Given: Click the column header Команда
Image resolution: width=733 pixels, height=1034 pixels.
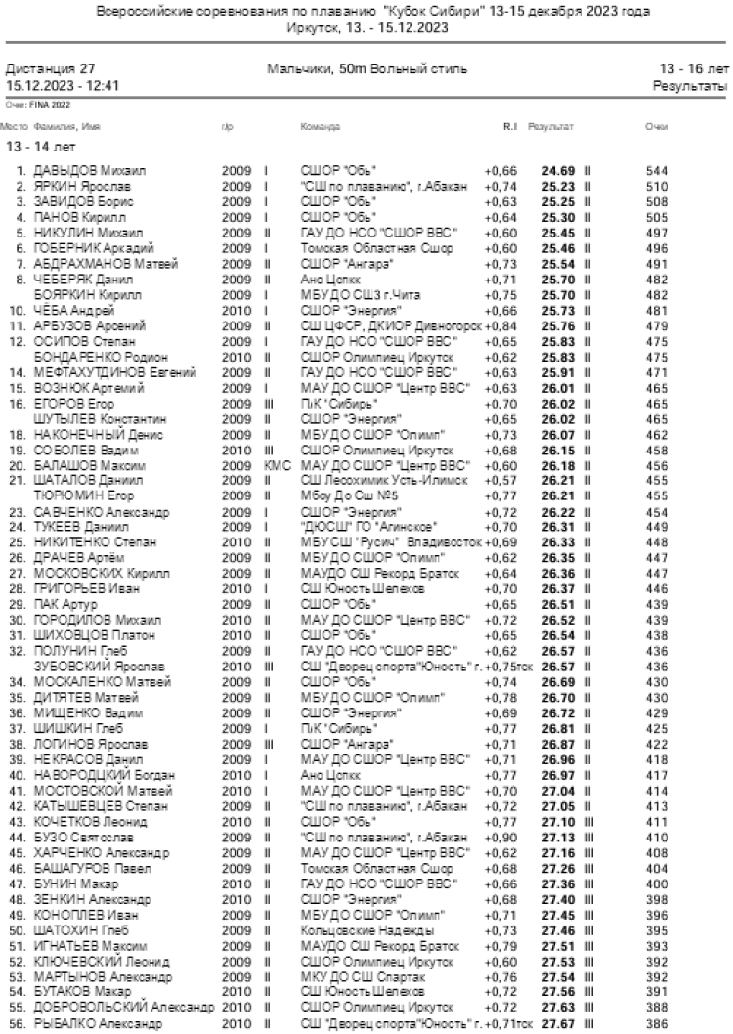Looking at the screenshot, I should pyautogui.click(x=320, y=127).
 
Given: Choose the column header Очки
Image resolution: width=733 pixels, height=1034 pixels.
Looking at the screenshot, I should pyautogui.click(x=656, y=127).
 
